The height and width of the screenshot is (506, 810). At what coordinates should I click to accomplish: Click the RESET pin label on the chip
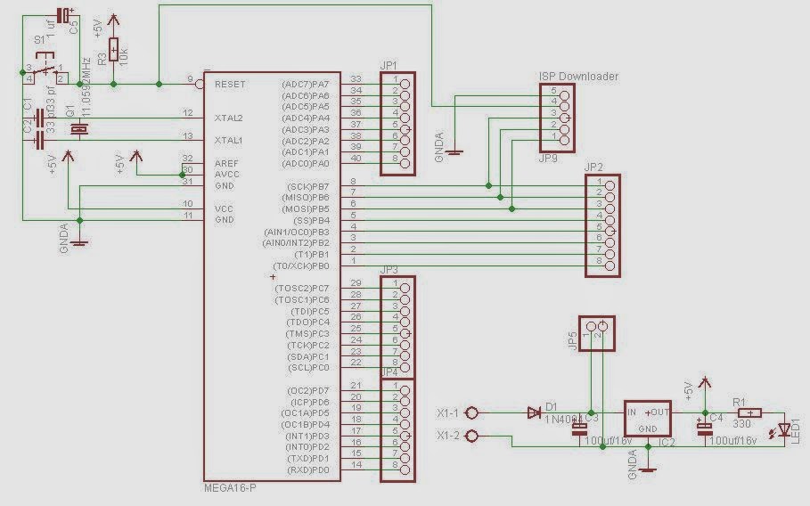(x=231, y=84)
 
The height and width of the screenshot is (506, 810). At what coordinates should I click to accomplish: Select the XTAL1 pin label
(x=229, y=141)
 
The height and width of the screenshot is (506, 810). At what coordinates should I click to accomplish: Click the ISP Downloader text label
(x=578, y=77)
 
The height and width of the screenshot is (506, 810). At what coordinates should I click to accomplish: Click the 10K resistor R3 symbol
(x=113, y=50)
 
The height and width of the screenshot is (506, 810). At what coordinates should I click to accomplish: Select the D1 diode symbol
(x=534, y=412)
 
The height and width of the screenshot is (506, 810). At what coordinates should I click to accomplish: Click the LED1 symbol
(x=784, y=430)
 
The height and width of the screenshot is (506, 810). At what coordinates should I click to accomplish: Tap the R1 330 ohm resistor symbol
(x=749, y=412)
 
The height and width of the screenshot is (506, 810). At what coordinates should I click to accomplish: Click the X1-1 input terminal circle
(x=472, y=412)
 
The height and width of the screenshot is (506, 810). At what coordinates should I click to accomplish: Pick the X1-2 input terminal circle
(x=472, y=436)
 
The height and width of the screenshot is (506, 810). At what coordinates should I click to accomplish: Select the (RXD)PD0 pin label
(x=308, y=469)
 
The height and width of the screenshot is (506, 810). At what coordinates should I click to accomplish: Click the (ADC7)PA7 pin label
(x=306, y=84)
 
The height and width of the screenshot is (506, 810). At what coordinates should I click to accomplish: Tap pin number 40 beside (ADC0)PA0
(x=355, y=164)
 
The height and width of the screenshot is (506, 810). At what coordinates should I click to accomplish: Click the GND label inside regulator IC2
(x=647, y=428)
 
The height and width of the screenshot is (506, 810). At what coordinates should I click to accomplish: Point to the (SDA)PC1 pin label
(x=308, y=356)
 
